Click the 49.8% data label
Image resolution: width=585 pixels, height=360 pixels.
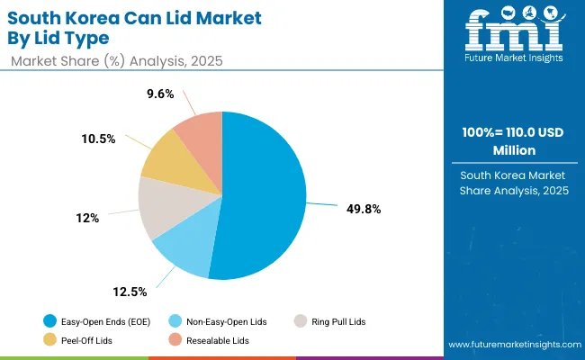364,209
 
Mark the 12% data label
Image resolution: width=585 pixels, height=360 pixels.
86,218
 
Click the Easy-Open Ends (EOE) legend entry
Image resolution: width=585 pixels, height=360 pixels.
95,320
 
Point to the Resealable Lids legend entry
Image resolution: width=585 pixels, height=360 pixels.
212,340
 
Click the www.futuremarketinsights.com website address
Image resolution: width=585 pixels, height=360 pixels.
511,345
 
